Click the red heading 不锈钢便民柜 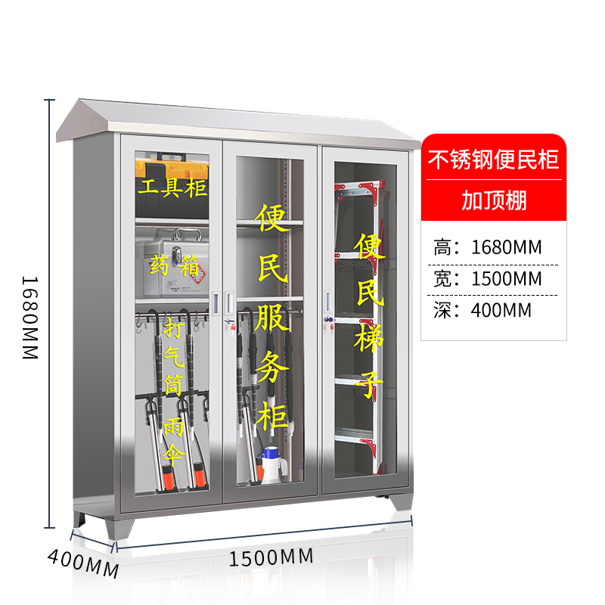click(493, 160)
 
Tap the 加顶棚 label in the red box click(493, 201)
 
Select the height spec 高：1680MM click(488, 247)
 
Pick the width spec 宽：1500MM click(488, 278)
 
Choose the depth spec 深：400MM click(482, 309)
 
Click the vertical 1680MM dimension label click(29, 318)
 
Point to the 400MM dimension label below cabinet click(83, 563)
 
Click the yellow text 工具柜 click(172, 186)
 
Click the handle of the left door click(219, 302)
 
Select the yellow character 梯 click(368, 338)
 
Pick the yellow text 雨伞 click(173, 440)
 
